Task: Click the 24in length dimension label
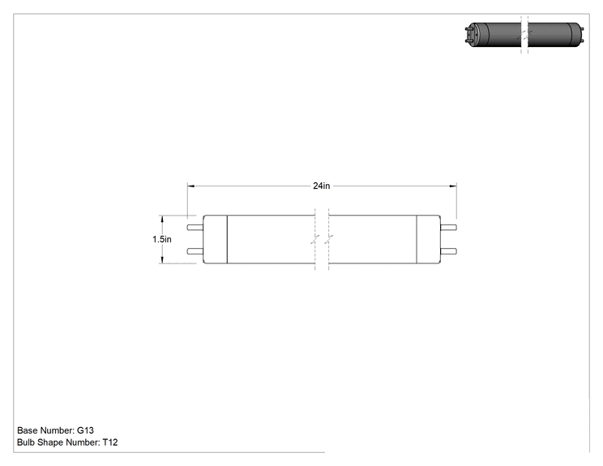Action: (x=322, y=186)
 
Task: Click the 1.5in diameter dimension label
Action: (x=162, y=239)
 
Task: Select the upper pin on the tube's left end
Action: (x=195, y=227)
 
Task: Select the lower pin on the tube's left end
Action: (x=195, y=251)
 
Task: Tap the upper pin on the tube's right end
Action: (x=448, y=227)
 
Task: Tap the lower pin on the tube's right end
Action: (x=448, y=251)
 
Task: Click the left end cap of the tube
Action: (x=216, y=239)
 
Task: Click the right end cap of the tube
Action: (x=429, y=239)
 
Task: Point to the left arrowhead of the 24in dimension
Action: (x=191, y=186)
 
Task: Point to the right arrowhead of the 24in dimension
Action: (x=453, y=186)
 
